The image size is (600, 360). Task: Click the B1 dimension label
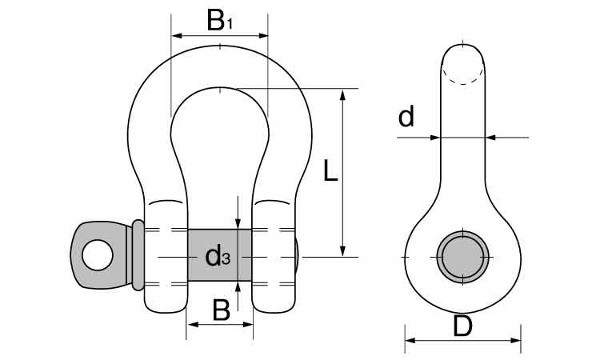[x=219, y=21]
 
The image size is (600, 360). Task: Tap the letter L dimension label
[x=330, y=170]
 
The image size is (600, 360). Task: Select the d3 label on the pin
[x=218, y=256]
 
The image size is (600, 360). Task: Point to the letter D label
[x=462, y=326]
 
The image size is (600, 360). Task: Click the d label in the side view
[x=406, y=116]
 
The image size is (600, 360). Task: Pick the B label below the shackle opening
[x=221, y=310]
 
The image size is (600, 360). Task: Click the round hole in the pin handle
[x=97, y=255]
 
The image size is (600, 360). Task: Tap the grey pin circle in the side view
[x=463, y=257]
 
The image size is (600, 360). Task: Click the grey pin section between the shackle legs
[x=220, y=255]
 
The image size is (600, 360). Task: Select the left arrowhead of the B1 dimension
[x=177, y=35]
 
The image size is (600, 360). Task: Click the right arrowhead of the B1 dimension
[x=263, y=35]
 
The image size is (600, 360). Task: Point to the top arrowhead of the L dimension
[x=342, y=94]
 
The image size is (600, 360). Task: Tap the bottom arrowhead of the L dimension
[x=342, y=251]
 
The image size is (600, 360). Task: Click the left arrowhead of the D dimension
[x=410, y=340]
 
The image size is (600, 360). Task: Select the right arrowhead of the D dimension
[x=515, y=340]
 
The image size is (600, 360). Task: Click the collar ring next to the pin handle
[x=138, y=255]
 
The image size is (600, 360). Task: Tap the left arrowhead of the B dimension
[x=192, y=325]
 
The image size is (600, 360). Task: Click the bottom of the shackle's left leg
[x=166, y=310]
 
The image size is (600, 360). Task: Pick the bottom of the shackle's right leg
[x=274, y=310]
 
